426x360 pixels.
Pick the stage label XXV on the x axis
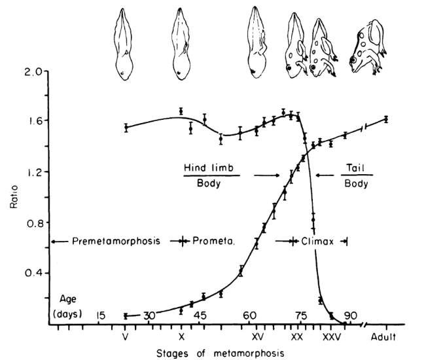tap(331, 338)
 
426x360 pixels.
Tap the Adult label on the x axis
tap(385, 338)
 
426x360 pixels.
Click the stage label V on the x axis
tap(126, 338)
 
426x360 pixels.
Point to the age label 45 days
tap(199, 315)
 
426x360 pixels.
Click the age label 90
tap(351, 315)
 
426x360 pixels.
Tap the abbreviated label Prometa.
tap(213, 241)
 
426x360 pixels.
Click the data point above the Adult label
tap(386, 119)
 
